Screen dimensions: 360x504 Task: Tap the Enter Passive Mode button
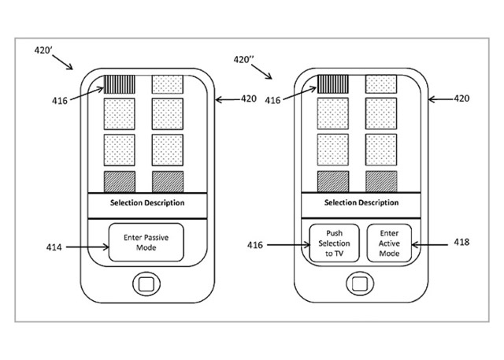[x=146, y=242]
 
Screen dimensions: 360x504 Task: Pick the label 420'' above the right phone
[x=246, y=60]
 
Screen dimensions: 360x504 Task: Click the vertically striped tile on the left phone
[x=119, y=84]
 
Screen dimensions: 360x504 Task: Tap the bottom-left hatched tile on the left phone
[x=119, y=181]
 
